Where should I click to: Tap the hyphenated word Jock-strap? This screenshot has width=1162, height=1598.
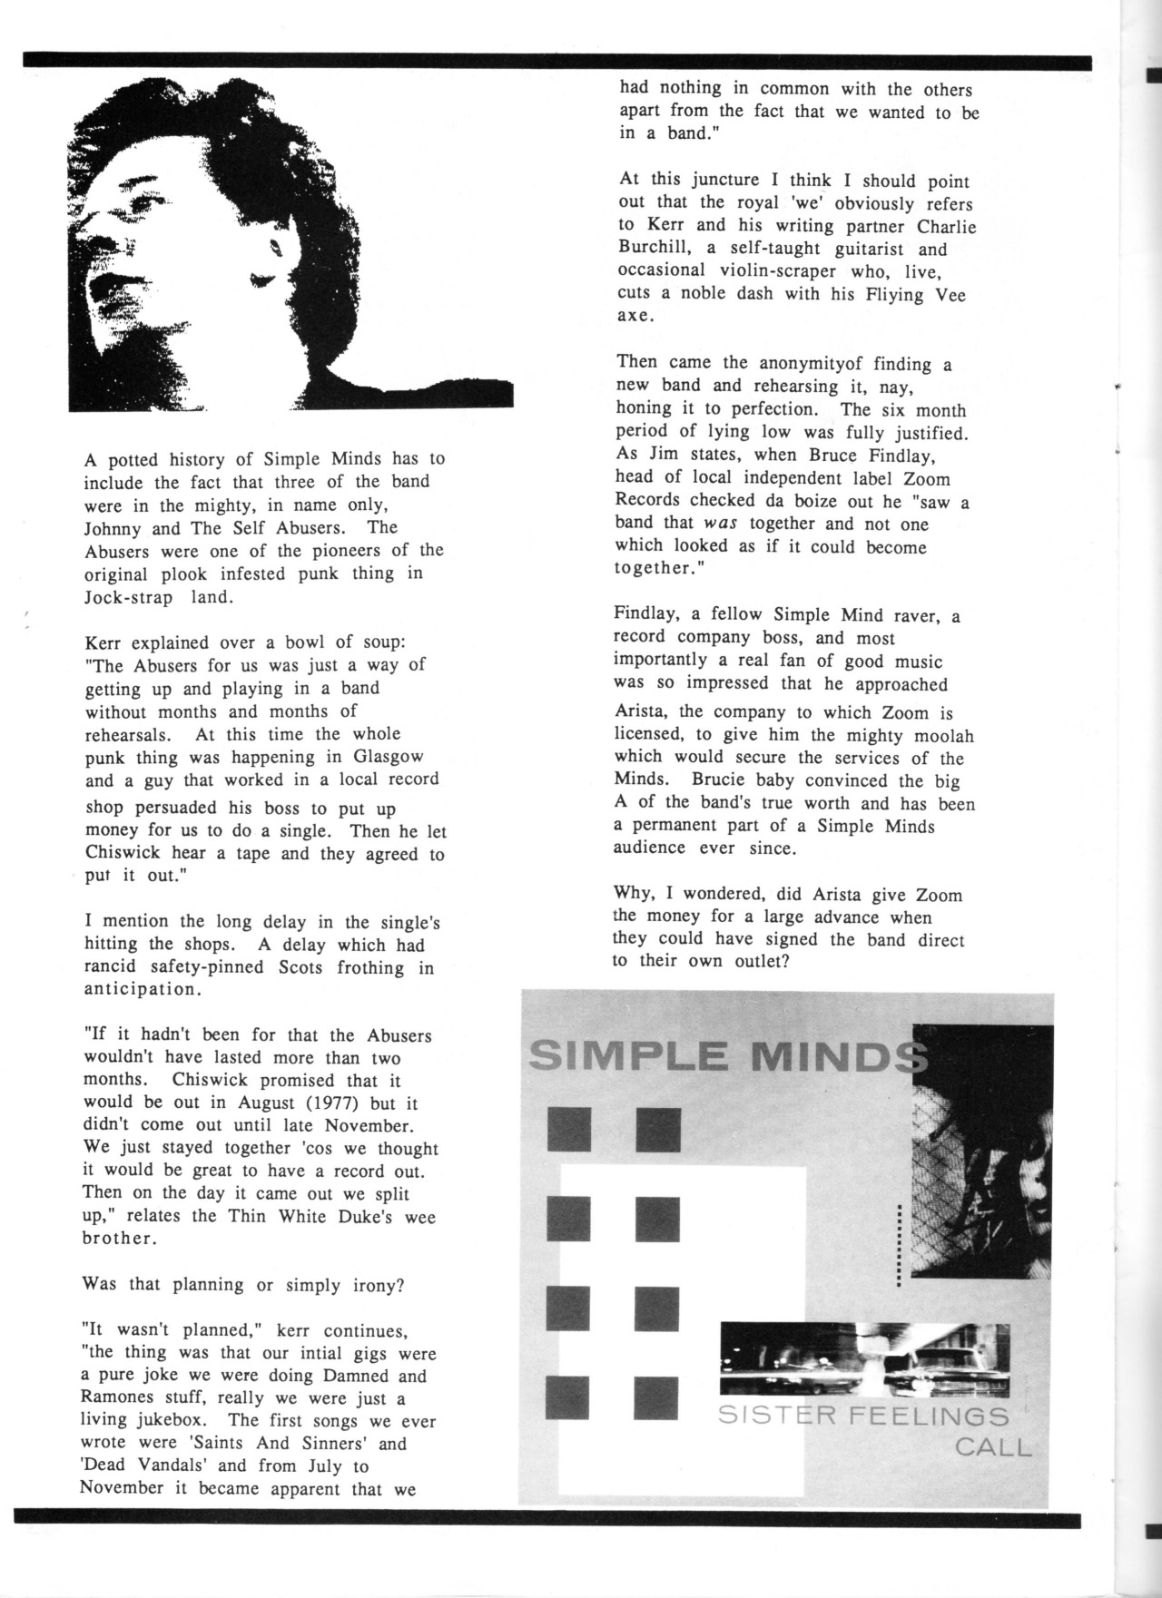pos(128,597)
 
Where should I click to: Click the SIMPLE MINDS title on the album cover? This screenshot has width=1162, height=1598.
pos(726,1055)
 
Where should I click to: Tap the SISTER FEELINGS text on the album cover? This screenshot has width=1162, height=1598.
pos(862,1417)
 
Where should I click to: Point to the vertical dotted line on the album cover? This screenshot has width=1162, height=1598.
pos(898,1245)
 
